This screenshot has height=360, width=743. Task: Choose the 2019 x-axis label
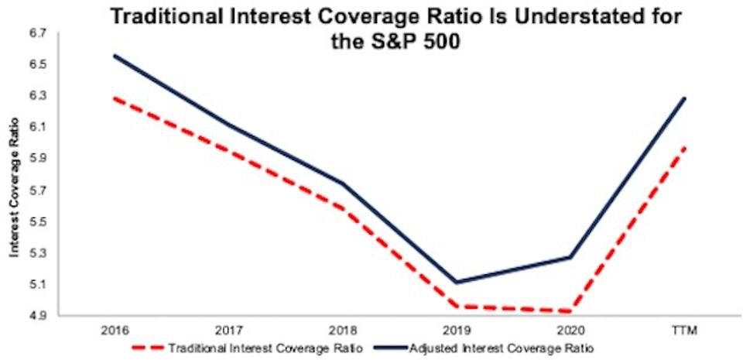point(456,329)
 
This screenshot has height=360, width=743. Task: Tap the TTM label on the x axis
point(685,329)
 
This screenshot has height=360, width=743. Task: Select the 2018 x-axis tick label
point(341,329)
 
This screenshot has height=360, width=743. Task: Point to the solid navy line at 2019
point(456,282)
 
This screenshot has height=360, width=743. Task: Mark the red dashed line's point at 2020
point(570,311)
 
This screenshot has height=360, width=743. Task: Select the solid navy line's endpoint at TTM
point(685,98)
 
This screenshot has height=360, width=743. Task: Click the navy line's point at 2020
point(570,257)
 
